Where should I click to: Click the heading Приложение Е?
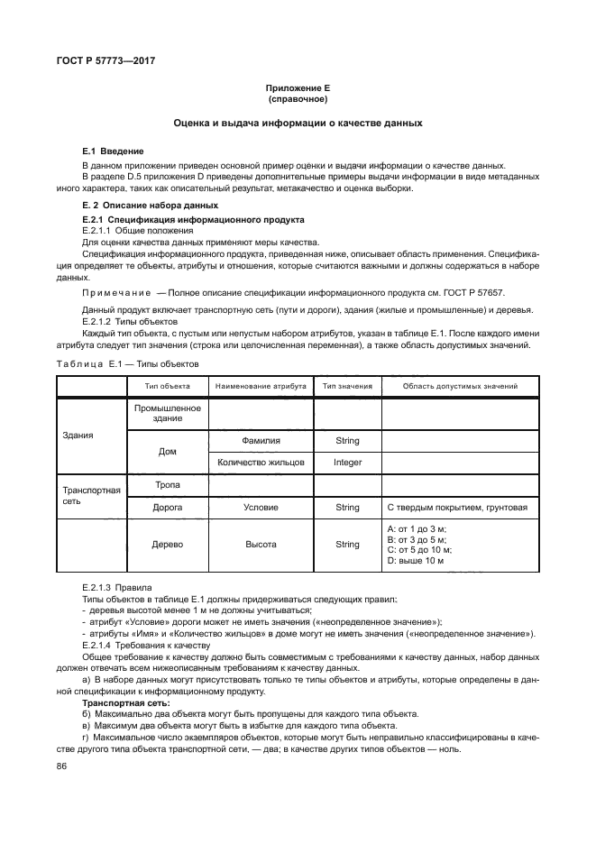tap(298, 87)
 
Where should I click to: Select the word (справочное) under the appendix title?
tap(298, 98)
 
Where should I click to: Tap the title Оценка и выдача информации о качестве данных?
tap(298, 123)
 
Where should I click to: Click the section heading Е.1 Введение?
tap(113, 151)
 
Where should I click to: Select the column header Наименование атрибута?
tap(261, 386)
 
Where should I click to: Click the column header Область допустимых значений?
tap(459, 386)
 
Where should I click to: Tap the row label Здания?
tap(78, 435)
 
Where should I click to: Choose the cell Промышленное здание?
tap(167, 413)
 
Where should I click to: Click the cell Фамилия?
tap(261, 441)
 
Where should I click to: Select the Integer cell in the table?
tap(347, 463)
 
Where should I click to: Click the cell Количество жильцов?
tap(261, 463)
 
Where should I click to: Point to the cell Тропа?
tap(167, 485)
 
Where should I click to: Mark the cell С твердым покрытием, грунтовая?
tap(456, 508)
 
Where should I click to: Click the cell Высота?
tap(261, 545)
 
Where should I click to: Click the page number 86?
tap(61, 766)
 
